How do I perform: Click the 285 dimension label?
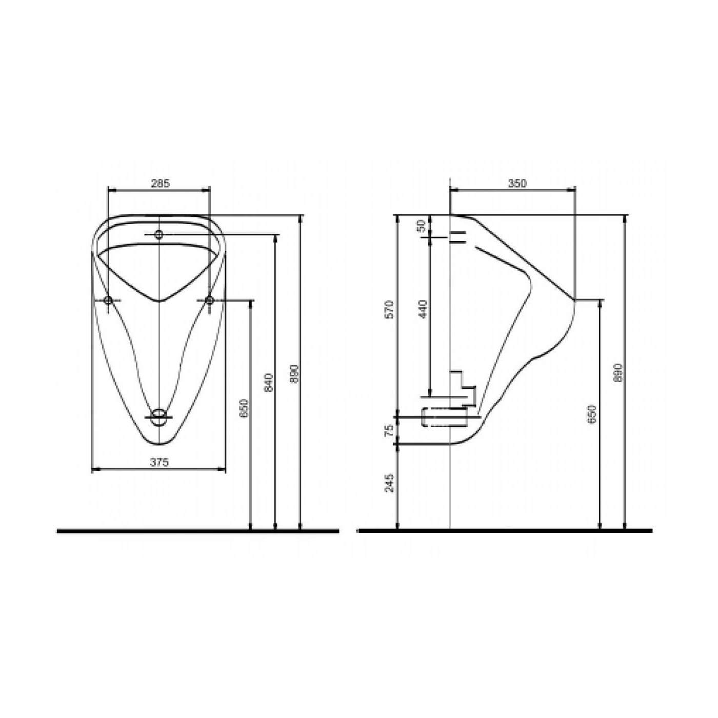pyautogui.click(x=160, y=183)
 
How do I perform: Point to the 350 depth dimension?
pyautogui.click(x=517, y=183)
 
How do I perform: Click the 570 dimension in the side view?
pyautogui.click(x=389, y=309)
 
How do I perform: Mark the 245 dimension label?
pyautogui.click(x=389, y=483)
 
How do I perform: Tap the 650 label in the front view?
pyautogui.click(x=244, y=409)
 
